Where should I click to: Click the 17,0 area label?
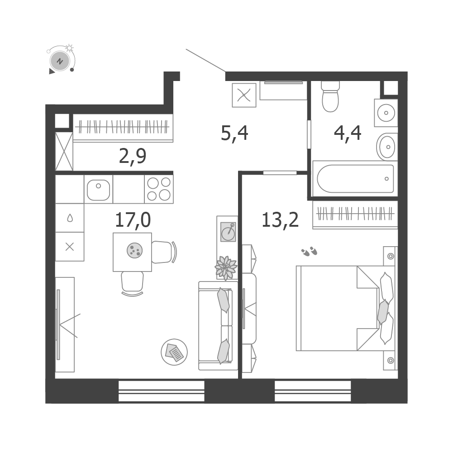tap(133, 220)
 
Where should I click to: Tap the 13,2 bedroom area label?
tap(280, 220)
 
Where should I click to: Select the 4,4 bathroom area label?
tap(348, 134)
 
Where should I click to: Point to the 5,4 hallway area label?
tap(234, 134)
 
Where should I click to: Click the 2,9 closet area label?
tap(133, 156)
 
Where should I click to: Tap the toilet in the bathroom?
tap(330, 96)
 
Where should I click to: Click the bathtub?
tap(355, 179)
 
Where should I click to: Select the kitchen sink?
tap(98, 190)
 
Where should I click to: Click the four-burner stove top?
tap(158, 189)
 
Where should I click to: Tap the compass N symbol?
tap(60, 61)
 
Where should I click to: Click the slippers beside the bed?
tap(309, 251)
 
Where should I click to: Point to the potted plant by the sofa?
tap(226, 268)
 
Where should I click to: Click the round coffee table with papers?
tap(174, 352)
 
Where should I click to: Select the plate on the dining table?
tap(134, 250)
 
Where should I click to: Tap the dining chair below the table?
tap(132, 283)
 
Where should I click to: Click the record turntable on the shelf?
tap(228, 232)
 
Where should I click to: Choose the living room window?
tap(162, 391)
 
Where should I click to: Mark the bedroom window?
tap(313, 391)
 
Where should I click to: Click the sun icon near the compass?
tap(69, 48)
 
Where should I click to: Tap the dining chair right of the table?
tap(164, 252)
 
